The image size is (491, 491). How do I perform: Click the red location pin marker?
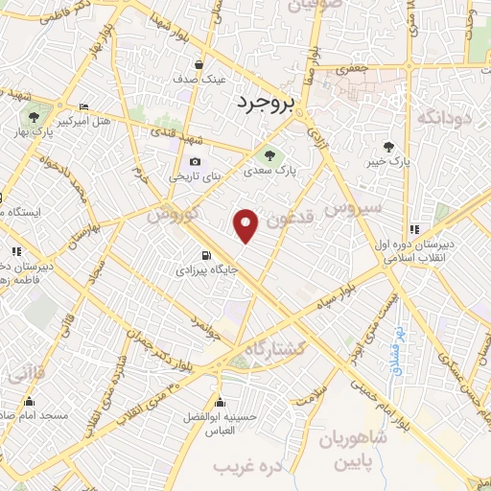coord(247,224)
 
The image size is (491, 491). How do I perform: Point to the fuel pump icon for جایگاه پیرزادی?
coord(205,255)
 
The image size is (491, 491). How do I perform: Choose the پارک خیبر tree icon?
coord(388,147)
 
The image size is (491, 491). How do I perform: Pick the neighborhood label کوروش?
coord(174,215)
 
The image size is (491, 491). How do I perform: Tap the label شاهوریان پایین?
coord(352,450)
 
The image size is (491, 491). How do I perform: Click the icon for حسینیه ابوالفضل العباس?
coord(222,402)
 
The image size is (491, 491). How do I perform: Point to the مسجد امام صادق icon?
coord(35,402)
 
